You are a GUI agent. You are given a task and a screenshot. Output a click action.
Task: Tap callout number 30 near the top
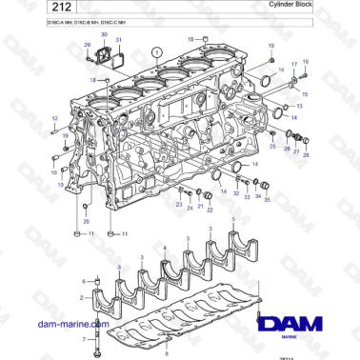pyautogui.click(x=105, y=34)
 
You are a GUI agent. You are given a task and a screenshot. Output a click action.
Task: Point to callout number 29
pyautogui.click(x=88, y=45)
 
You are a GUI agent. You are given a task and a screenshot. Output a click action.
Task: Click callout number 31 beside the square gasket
pyautogui.click(x=119, y=41)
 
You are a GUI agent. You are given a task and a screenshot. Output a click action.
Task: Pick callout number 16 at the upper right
pyautogui.click(x=307, y=63)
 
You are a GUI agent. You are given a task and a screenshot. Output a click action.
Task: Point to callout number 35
pyautogui.click(x=267, y=199)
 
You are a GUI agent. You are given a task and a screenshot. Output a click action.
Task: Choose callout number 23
pyautogui.click(x=179, y=205)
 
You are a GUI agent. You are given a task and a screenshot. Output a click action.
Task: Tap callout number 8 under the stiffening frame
pyautogui.click(x=141, y=352)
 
